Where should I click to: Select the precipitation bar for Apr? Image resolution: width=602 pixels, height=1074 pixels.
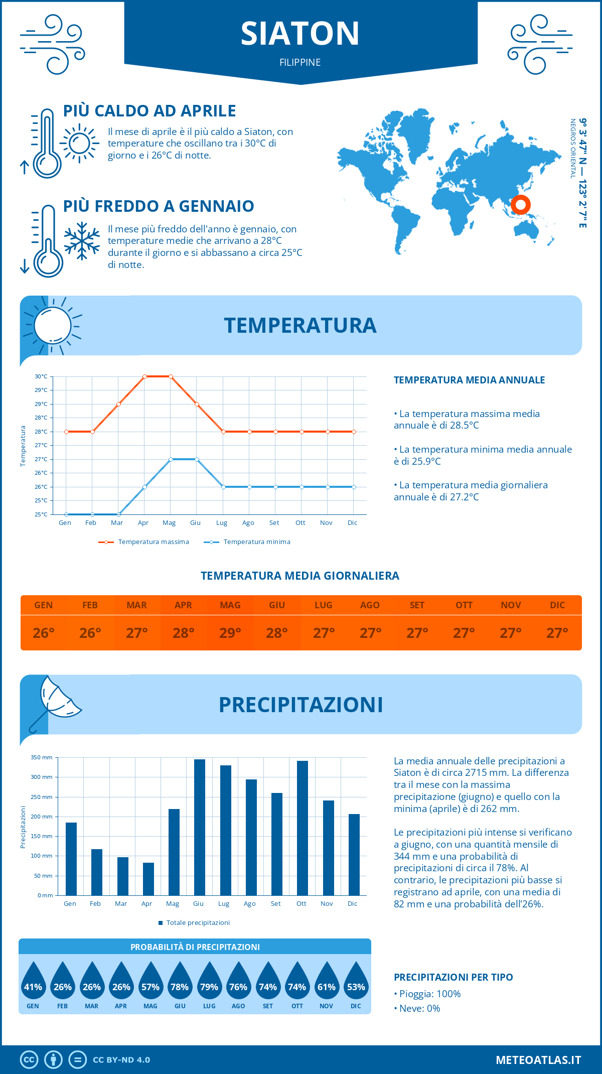click(148, 879)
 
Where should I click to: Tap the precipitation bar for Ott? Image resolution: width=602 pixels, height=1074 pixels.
click(302, 828)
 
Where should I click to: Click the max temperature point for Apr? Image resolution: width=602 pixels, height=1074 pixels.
click(144, 376)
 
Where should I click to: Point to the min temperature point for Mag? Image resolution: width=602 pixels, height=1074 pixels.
click(171, 459)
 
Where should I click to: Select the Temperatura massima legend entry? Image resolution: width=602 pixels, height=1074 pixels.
click(144, 542)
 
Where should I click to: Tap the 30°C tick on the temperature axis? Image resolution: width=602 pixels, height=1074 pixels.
click(41, 376)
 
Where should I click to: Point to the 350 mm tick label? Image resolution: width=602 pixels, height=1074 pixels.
click(42, 757)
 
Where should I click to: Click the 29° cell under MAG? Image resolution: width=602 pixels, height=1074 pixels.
click(230, 633)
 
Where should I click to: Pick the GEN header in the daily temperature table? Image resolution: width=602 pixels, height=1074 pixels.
click(44, 605)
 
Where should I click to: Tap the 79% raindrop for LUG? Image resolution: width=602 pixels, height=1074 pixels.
click(209, 982)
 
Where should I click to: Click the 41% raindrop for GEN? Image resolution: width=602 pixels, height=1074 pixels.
click(33, 982)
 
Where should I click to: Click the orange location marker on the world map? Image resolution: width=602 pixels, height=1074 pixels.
click(520, 205)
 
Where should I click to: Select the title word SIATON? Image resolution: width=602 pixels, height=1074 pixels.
click(300, 34)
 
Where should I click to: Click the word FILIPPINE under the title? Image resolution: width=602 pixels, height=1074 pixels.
click(300, 63)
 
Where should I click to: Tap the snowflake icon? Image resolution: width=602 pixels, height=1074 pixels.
click(82, 241)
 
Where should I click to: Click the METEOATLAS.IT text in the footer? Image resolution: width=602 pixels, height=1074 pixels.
click(538, 1060)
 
